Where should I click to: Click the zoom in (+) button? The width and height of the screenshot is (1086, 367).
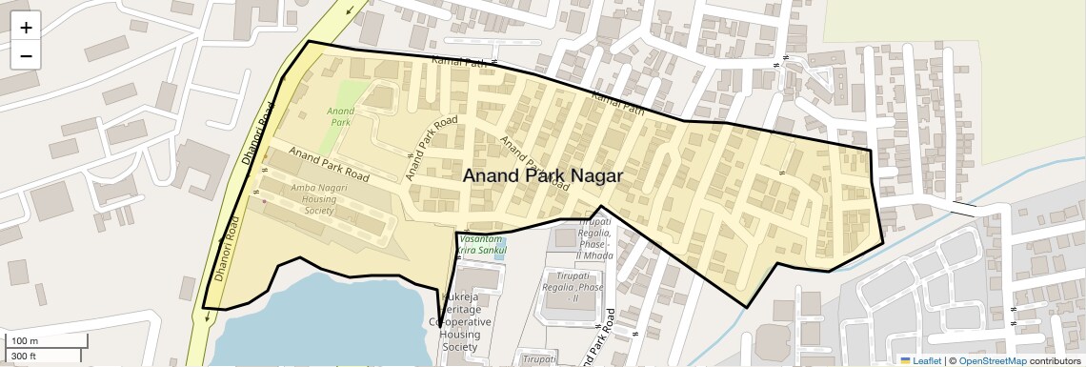26,28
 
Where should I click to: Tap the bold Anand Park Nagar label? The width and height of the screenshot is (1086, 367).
542,176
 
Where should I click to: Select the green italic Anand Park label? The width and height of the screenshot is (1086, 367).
340,116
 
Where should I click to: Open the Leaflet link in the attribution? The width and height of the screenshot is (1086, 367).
920,360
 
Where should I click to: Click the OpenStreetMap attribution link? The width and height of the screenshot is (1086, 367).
992,360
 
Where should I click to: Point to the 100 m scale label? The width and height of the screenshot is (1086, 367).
25,341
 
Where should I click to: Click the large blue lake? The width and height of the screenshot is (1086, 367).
324,319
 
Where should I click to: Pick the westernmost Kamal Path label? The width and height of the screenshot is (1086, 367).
459,63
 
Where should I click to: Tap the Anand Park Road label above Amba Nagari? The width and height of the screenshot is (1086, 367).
329,165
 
